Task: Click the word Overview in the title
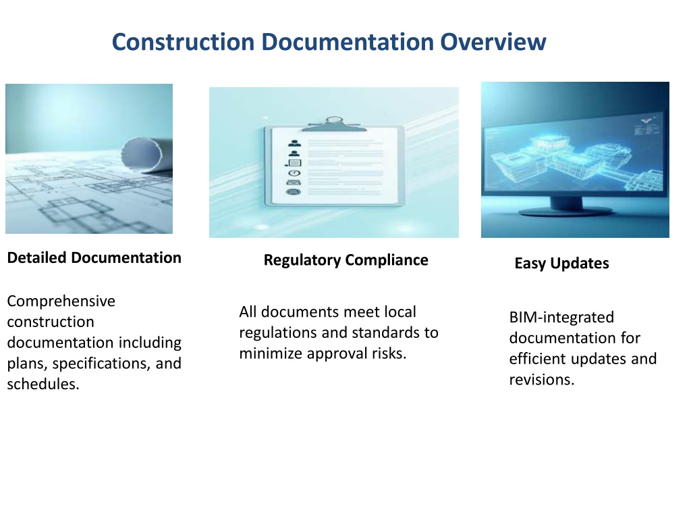(493, 42)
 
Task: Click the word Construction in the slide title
(184, 42)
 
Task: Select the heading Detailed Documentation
(94, 257)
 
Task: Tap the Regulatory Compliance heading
(346, 260)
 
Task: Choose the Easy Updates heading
(562, 264)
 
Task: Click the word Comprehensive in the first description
(61, 301)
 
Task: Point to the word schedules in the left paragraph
(43, 384)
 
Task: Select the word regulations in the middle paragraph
(279, 332)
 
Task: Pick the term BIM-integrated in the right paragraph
(561, 318)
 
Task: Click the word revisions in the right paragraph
(542, 380)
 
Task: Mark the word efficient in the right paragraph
(538, 359)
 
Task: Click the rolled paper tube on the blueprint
(146, 155)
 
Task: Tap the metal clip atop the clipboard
(334, 124)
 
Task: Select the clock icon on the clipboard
(294, 173)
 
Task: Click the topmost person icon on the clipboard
(294, 143)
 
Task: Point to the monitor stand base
(566, 210)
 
